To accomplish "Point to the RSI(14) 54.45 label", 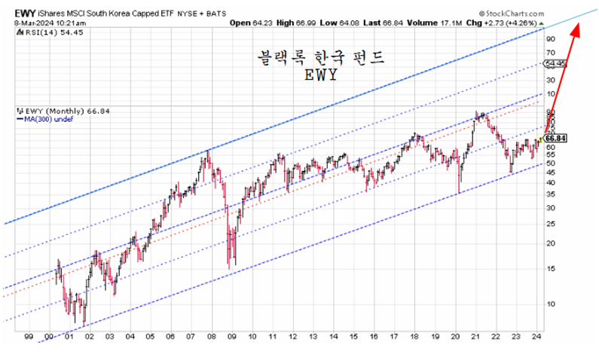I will pos(32,32).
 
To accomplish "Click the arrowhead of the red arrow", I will pos(578,29).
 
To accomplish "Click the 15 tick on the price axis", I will pos(551,268).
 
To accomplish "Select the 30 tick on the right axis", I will pos(551,207).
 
